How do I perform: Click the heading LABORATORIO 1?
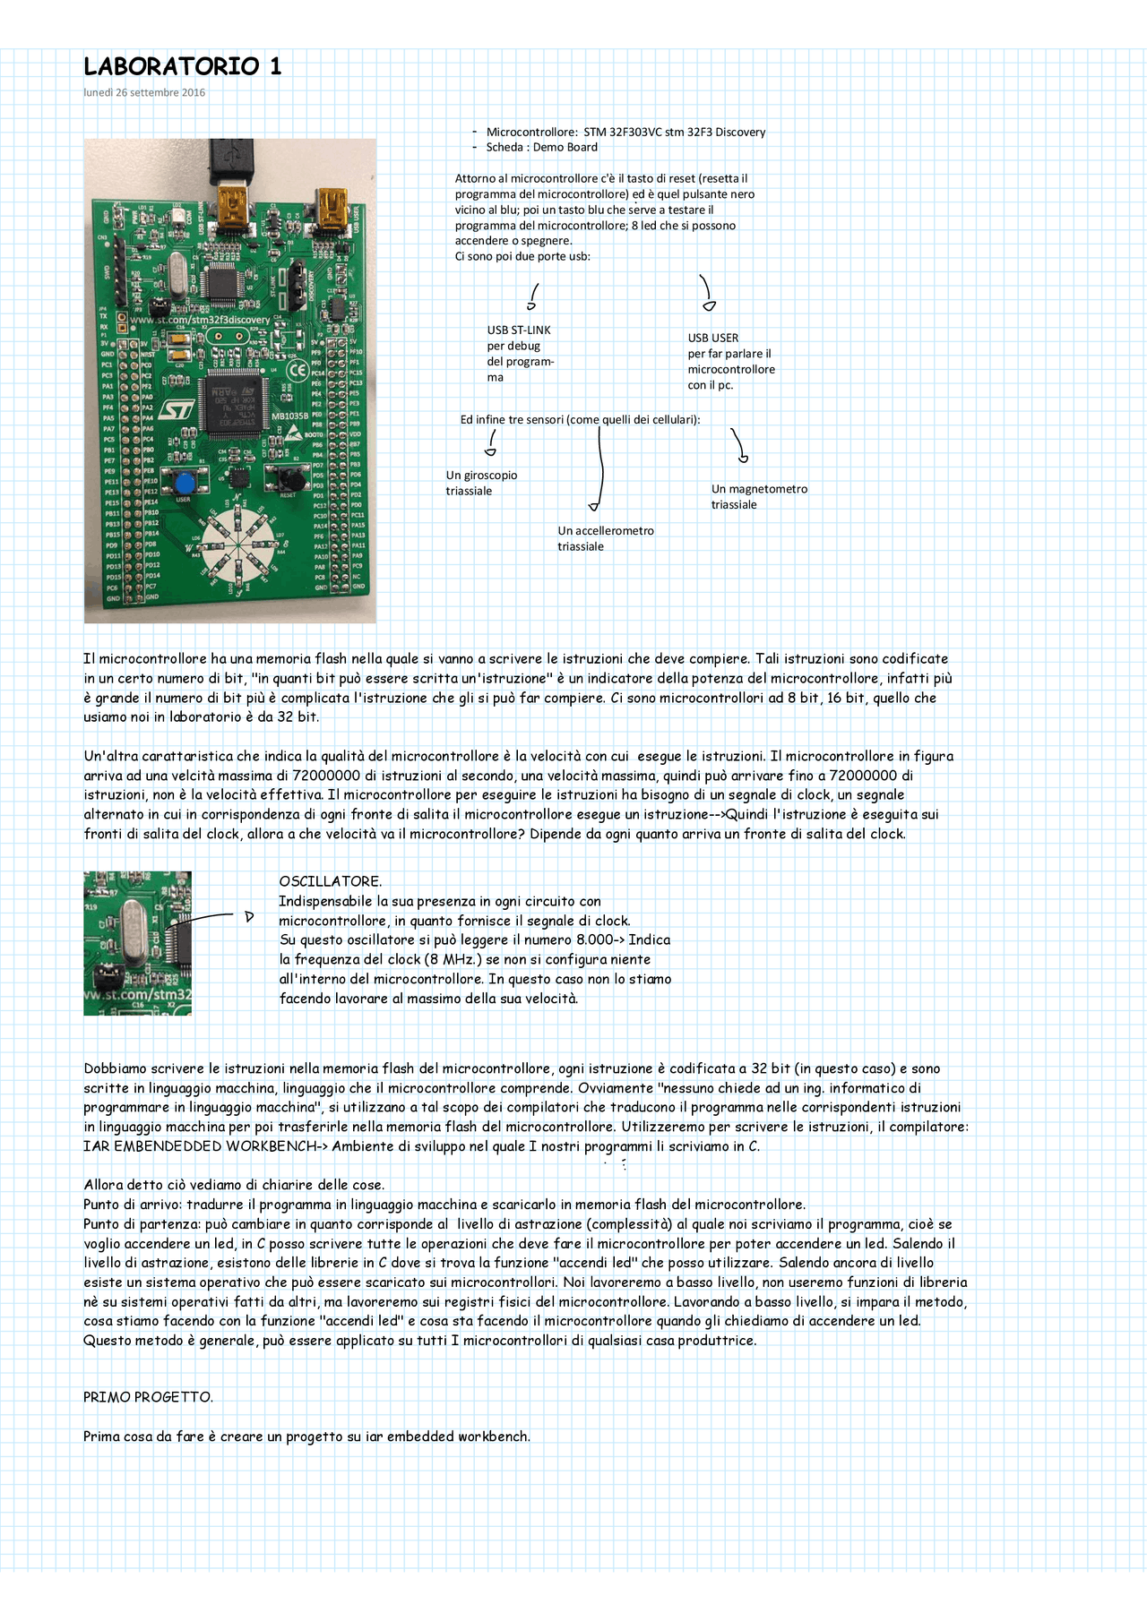182,66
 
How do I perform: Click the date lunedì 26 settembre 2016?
144,92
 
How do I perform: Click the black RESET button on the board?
287,477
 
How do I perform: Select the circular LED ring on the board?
239,542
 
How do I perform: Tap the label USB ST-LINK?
519,330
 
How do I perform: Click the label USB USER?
713,339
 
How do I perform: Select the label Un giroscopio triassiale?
481,484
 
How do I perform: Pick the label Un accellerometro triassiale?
606,539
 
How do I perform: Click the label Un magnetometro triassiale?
759,497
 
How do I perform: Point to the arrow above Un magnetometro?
737,445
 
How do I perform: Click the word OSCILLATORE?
331,881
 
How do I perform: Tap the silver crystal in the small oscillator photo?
132,933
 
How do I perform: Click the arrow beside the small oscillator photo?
215,916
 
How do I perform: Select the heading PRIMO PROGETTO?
148,1397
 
